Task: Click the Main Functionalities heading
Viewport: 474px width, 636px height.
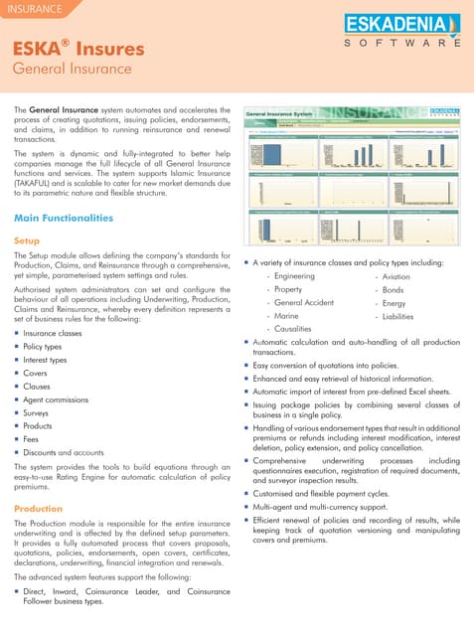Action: click(64, 218)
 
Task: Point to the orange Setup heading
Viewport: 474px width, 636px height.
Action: click(27, 240)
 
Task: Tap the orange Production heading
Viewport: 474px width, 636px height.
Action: click(39, 509)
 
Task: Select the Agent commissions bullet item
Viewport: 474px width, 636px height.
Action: click(56, 399)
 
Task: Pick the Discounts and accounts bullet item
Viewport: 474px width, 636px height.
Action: click(63, 452)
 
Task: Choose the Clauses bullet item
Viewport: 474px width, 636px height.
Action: click(38, 387)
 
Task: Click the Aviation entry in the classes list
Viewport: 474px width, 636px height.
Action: click(395, 275)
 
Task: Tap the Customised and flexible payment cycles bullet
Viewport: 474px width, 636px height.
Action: click(336, 492)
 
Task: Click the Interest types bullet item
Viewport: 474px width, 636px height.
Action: click(46, 360)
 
